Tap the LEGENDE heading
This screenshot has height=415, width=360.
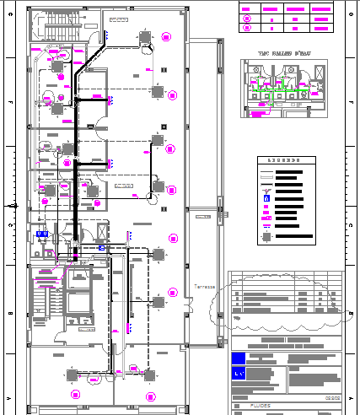point(282,159)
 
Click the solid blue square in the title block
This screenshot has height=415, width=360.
point(238,358)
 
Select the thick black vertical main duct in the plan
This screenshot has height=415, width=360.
point(77,169)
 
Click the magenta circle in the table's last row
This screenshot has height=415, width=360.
point(247,28)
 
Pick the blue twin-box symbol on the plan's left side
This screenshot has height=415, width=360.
point(41,232)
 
